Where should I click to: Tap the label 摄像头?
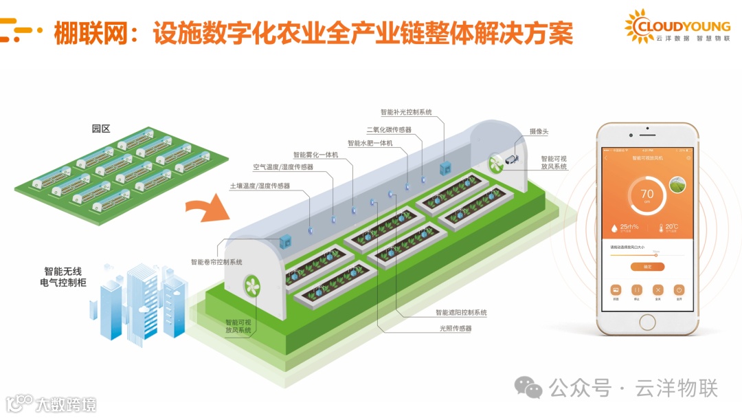539,131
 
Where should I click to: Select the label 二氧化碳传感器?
389,129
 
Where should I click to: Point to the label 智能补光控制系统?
406,112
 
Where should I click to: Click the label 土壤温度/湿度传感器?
260,186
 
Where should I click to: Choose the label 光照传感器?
456,329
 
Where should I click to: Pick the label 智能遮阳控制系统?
461,312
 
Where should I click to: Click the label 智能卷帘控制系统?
216,262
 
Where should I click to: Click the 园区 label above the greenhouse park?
101,129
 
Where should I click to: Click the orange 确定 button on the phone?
647,266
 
